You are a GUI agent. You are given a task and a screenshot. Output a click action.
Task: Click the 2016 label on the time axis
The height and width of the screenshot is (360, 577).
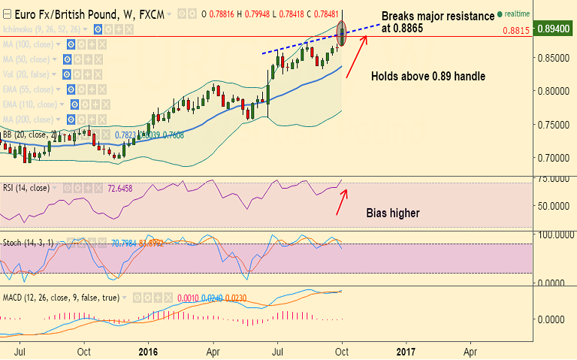pyautogui.click(x=149, y=350)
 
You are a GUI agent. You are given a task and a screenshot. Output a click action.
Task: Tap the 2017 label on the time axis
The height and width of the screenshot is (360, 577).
pyautogui.click(x=406, y=350)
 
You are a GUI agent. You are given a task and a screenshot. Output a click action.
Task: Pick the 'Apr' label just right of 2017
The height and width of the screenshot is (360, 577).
pyautogui.click(x=470, y=350)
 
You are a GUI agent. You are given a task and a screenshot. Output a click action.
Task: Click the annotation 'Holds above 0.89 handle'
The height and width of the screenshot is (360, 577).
pyautogui.click(x=427, y=76)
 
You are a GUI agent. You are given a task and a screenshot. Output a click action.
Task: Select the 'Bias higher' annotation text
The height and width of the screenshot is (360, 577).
pyautogui.click(x=393, y=213)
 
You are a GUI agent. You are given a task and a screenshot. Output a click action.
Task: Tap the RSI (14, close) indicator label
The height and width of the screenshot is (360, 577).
pyautogui.click(x=26, y=188)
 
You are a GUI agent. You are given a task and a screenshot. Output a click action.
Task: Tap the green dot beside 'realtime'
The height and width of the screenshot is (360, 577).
pyautogui.click(x=500, y=14)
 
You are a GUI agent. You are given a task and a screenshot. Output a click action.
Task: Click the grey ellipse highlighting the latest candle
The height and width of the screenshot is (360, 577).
pyautogui.click(x=343, y=33)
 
